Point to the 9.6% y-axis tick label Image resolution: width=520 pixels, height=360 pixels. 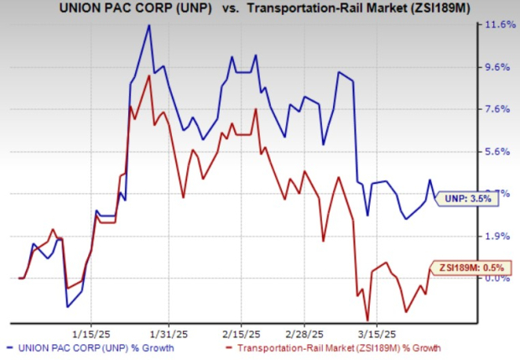pyautogui.click(x=490, y=67)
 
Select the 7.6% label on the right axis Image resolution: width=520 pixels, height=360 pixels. pyautogui.click(x=490, y=109)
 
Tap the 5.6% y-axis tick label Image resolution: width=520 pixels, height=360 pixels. pyautogui.click(x=490, y=152)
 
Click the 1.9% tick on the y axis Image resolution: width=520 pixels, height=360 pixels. pyautogui.click(x=490, y=237)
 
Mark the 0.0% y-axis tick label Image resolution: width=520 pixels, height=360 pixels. pyautogui.click(x=490, y=279)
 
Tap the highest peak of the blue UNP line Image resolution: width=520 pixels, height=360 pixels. pyautogui.click(x=148, y=25)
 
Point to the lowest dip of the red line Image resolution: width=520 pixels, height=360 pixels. pyautogui.click(x=367, y=320)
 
